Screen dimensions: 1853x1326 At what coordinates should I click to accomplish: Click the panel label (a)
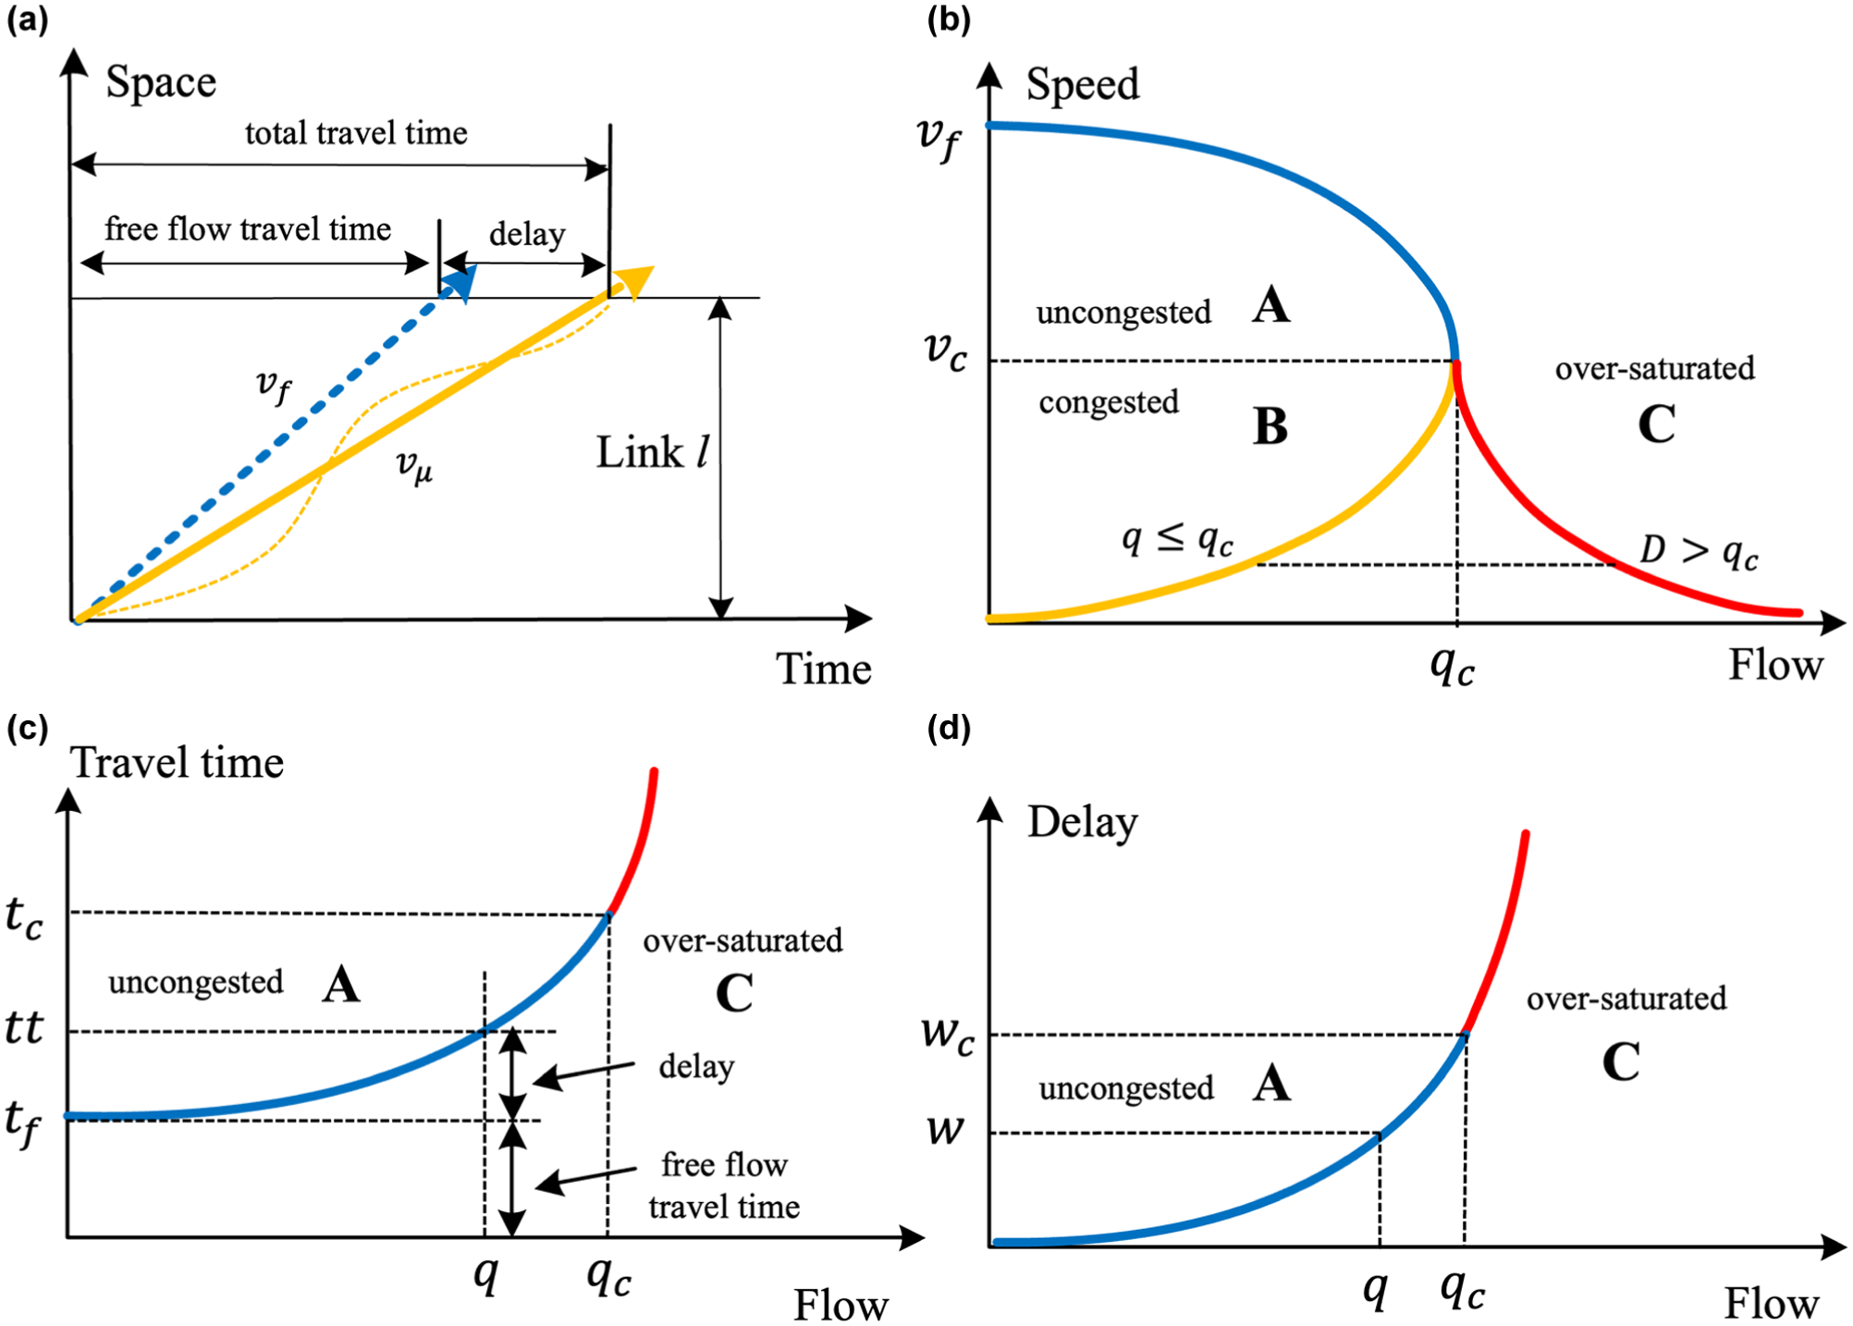click(27, 19)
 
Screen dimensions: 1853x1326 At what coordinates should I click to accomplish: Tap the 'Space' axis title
click(161, 83)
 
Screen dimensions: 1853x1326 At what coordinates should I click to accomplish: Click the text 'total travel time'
click(356, 133)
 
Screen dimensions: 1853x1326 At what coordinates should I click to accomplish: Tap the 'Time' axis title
click(824, 669)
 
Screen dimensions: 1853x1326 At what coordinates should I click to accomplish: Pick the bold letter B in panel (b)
click(1270, 427)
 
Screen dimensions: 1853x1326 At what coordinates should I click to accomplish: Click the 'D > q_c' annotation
click(1700, 552)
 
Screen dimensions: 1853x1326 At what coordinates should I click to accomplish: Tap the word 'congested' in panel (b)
click(1109, 403)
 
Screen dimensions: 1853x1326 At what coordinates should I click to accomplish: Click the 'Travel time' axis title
click(178, 764)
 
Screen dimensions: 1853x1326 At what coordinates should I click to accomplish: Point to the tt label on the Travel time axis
click(24, 1027)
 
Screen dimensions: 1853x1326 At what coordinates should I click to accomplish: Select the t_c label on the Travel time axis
click(24, 917)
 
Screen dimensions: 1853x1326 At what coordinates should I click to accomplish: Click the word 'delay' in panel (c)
click(696, 1067)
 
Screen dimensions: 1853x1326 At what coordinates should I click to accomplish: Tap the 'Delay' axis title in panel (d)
click(1083, 823)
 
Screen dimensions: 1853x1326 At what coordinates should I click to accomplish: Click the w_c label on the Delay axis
click(949, 1035)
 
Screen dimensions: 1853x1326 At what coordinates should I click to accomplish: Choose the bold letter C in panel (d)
click(1621, 1062)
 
